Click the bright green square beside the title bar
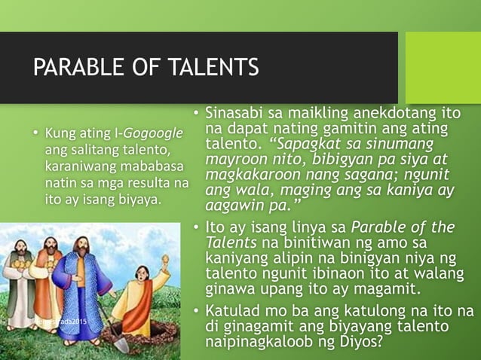tap(443, 68)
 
